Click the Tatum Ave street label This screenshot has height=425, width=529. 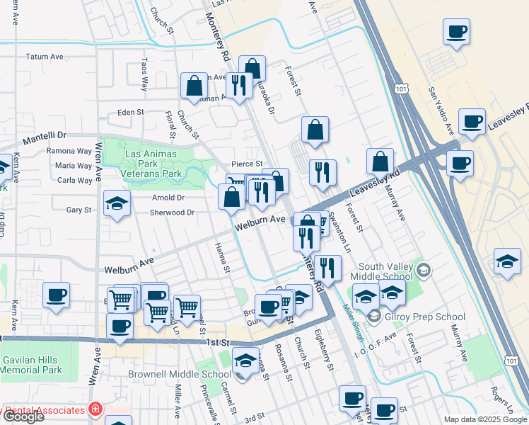(x=46, y=57)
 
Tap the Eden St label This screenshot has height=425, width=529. (x=130, y=112)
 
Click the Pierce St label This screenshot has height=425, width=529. (x=248, y=164)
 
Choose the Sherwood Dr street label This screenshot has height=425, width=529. (x=171, y=212)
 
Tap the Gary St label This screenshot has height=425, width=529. (x=79, y=210)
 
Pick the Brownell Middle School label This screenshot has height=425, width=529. (x=180, y=374)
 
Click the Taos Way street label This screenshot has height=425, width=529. (x=144, y=75)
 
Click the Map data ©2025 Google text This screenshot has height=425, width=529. (x=484, y=419)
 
